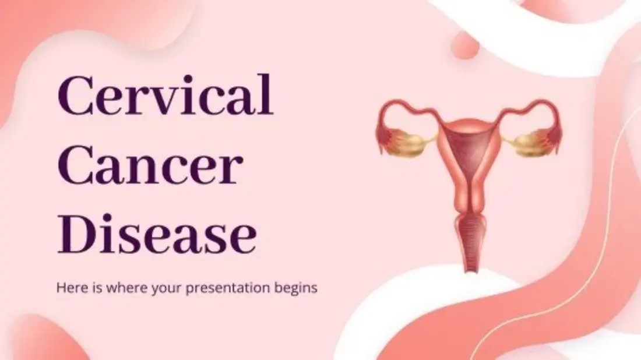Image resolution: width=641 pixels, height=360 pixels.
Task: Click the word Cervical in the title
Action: pyautogui.click(x=165, y=95)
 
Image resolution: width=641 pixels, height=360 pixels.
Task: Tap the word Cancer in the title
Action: pyautogui.click(x=150, y=165)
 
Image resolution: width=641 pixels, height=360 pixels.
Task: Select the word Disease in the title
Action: pyautogui.click(x=157, y=234)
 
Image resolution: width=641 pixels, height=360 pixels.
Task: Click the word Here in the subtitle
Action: pyautogui.click(x=71, y=288)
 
